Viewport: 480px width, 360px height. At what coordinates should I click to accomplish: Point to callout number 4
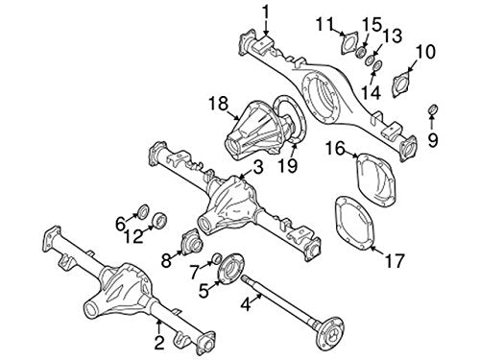click(x=246, y=306)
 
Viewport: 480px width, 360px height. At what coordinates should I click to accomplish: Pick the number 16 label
click(x=334, y=148)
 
